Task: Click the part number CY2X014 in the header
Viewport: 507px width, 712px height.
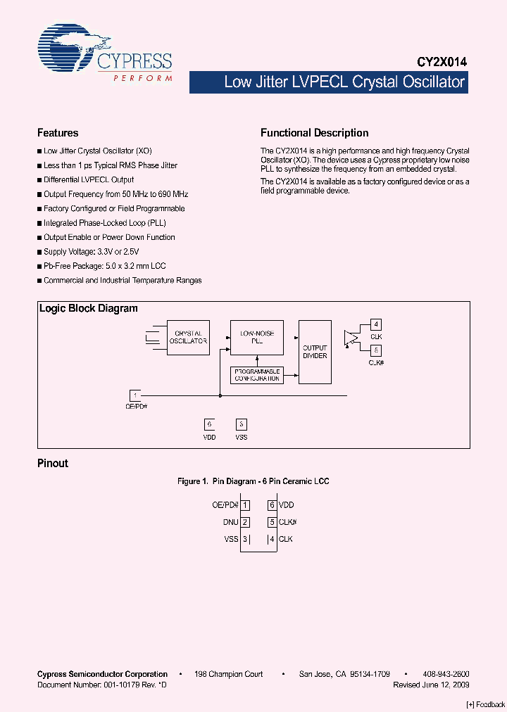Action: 438,62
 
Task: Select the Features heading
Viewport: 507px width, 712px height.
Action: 58,133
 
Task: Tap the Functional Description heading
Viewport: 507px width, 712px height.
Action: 314,133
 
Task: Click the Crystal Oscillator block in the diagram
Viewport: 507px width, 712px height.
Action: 188,338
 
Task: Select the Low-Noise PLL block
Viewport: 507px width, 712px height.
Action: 256,337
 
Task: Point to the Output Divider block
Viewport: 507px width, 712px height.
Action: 315,352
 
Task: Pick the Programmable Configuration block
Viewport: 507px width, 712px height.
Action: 256,375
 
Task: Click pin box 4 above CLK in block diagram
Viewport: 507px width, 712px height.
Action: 377,324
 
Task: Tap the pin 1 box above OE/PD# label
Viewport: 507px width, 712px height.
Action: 135,395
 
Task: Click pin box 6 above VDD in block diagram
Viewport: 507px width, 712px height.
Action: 209,424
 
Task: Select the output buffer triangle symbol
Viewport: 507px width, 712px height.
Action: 349,338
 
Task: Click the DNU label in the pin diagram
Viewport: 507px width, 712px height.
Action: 230,522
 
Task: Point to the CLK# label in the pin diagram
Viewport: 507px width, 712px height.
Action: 287,522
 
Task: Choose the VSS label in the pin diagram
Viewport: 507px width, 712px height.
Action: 232,539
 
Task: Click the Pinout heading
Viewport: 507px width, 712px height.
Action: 53,464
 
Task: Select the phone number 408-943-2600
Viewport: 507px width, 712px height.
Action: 446,674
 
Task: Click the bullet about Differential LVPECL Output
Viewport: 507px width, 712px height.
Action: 89,180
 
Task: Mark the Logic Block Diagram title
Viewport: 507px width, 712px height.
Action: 89,309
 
